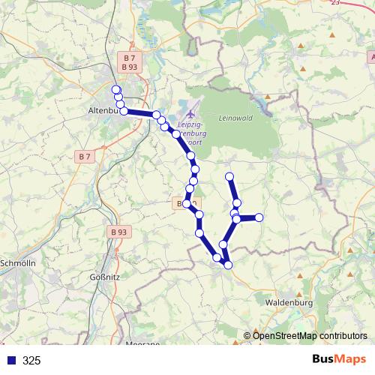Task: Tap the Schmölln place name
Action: tap(19, 263)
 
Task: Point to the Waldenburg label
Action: tap(288, 302)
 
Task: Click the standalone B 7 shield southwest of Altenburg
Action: tap(85, 157)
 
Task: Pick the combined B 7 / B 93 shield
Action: tap(129, 62)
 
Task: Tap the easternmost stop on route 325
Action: tap(259, 217)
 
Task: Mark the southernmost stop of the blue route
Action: tap(228, 265)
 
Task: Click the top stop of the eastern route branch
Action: tap(230, 177)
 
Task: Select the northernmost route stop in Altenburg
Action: tap(116, 90)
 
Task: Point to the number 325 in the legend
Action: tap(31, 361)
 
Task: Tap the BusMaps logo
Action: tap(339, 360)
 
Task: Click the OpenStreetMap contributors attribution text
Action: tap(310, 335)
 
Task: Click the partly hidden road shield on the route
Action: tap(185, 203)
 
